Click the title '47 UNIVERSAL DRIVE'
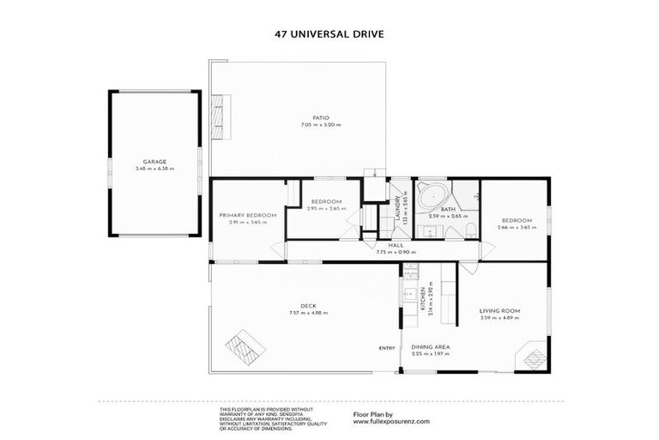point(329,34)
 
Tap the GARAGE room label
point(154,162)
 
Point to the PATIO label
point(321,118)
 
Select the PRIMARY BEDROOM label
point(247,215)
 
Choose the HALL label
point(396,246)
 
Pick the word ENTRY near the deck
point(386,347)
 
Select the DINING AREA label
point(431,346)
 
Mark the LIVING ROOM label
point(501,310)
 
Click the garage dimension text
point(154,168)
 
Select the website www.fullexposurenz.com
point(391,421)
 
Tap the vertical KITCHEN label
point(422,302)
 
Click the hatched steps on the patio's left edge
point(221,118)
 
